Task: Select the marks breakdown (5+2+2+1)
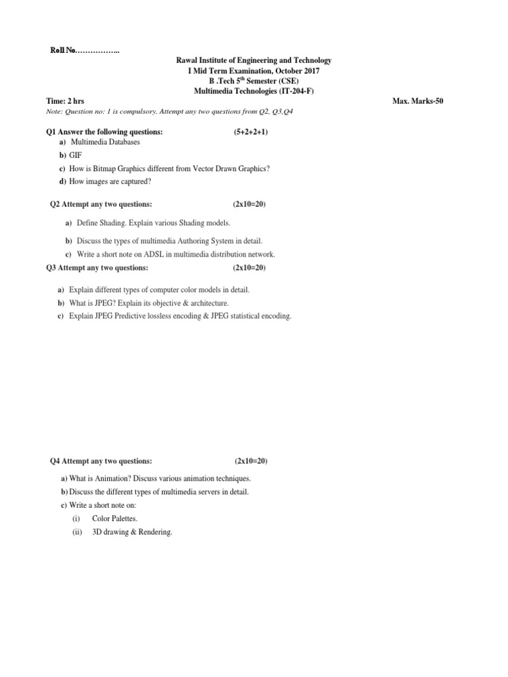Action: click(251, 132)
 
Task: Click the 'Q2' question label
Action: click(56, 204)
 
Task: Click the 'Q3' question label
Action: click(52, 268)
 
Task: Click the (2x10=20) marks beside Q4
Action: click(251, 461)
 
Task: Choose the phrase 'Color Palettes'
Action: click(115, 519)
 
